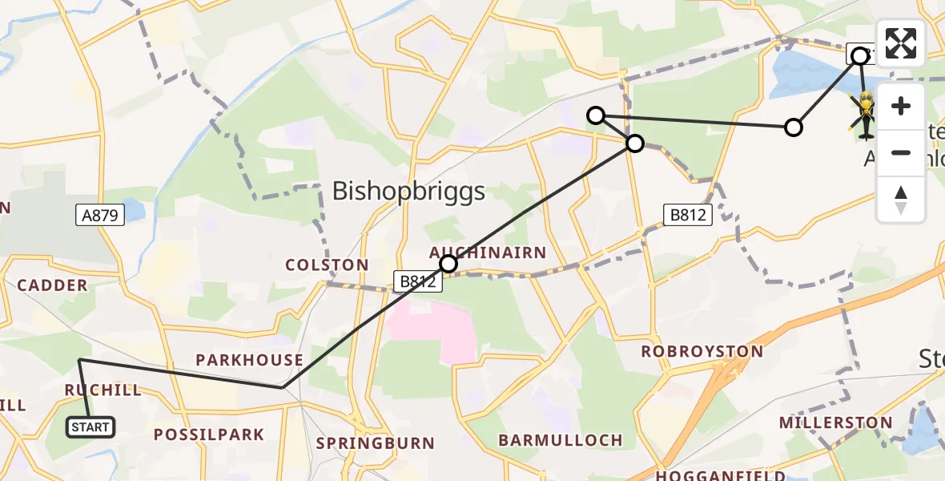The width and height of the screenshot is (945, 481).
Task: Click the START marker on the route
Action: click(x=90, y=427)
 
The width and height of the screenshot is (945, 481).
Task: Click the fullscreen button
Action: click(x=901, y=43)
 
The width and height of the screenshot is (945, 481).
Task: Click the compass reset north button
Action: click(x=901, y=200)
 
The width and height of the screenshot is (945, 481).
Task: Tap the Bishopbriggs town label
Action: click(x=408, y=192)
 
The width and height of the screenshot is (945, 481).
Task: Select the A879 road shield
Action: click(x=101, y=214)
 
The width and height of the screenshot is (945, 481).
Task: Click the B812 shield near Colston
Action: click(x=416, y=281)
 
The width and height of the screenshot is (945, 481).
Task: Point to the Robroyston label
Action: click(x=702, y=351)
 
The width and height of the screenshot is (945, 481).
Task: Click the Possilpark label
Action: click(x=209, y=435)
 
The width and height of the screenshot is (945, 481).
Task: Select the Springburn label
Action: click(x=376, y=443)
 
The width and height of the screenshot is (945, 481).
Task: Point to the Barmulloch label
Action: click(x=561, y=440)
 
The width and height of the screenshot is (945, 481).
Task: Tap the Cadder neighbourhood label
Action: click(x=52, y=285)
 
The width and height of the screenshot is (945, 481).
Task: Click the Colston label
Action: click(x=328, y=265)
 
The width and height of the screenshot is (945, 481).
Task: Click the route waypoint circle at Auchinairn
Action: click(x=448, y=264)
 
